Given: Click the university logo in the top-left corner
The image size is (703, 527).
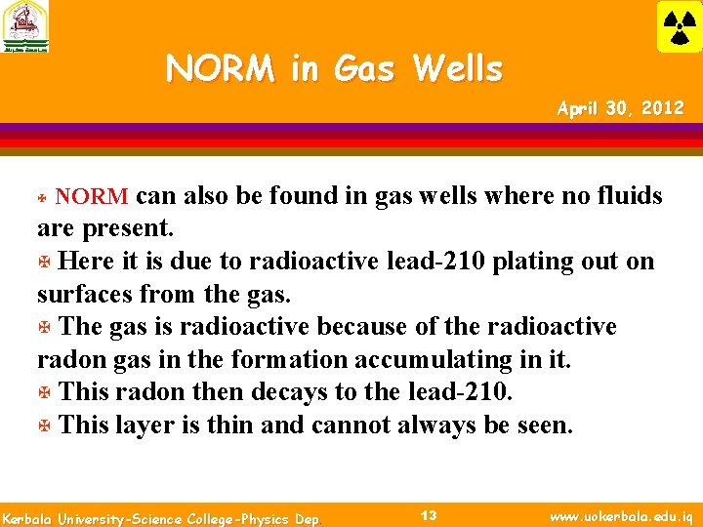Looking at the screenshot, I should [x=24, y=26].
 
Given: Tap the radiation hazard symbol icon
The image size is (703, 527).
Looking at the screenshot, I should [x=678, y=26].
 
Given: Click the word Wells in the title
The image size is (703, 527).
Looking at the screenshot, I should [x=457, y=69].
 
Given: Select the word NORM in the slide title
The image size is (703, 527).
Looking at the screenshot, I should [x=221, y=69].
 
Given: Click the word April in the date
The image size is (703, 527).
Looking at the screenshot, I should [x=579, y=108].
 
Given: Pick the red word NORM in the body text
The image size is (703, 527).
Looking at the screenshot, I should [x=91, y=196].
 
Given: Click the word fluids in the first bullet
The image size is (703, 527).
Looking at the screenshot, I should [x=624, y=196].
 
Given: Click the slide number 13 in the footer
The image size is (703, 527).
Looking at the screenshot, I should [x=428, y=515].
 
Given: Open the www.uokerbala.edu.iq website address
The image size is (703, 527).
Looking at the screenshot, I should [x=623, y=516].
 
